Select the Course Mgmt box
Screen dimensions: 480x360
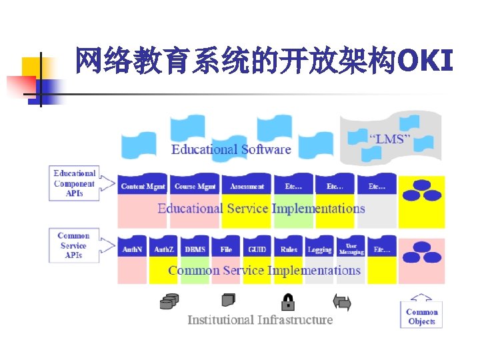coord(194,186)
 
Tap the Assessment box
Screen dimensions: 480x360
coord(247,186)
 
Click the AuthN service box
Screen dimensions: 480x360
coord(131,249)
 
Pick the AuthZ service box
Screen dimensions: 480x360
coord(164,249)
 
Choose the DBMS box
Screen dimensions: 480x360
coord(195,249)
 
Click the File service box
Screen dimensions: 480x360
coord(226,249)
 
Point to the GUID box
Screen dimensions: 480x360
coord(257,249)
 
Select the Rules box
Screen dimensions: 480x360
coord(289,249)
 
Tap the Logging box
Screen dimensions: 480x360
coord(320,249)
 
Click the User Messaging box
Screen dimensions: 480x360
coord(351,249)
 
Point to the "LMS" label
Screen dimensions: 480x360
coord(390,139)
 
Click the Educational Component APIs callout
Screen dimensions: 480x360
coord(75,183)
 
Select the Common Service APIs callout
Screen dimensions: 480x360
coord(73,245)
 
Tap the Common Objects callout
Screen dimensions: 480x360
coord(421,315)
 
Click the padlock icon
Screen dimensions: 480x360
coord(288,302)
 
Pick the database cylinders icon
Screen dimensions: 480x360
coord(169,302)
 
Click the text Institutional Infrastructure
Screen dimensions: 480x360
coord(260,320)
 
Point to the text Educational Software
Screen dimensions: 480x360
coord(231,149)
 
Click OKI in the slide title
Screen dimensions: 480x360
coord(425,61)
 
